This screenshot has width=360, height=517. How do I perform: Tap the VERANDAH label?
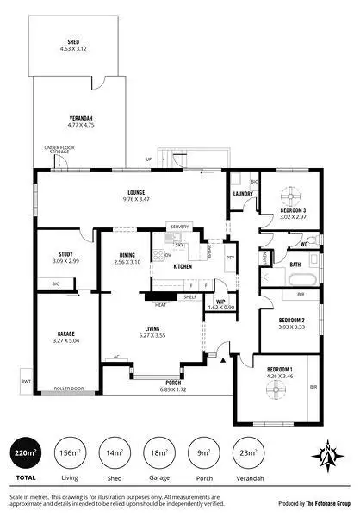pos(81,119)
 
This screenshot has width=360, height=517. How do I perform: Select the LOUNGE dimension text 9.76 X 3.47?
pos(136,199)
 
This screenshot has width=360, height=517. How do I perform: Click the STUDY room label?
pos(65,254)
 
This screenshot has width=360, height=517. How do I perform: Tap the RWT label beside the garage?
pos(25,381)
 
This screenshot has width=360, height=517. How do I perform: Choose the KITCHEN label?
pos(183,267)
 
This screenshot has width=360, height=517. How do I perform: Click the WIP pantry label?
pos(220,301)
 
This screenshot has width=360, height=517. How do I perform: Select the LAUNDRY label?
pos(243,194)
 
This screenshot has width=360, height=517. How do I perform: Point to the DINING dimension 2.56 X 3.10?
pos(127,262)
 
